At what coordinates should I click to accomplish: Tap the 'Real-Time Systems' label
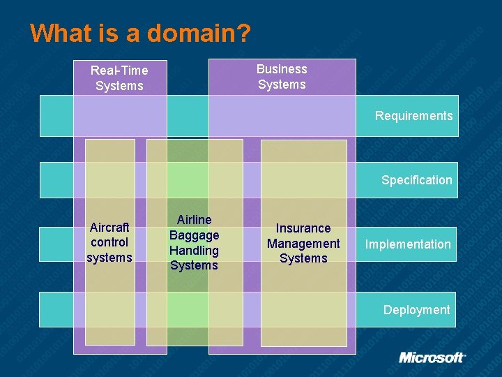pyautogui.click(x=119, y=78)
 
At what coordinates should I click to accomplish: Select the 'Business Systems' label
pyautogui.click(x=282, y=77)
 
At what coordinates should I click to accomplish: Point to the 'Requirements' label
pyautogui.click(x=413, y=116)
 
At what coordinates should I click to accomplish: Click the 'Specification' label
pyautogui.click(x=416, y=180)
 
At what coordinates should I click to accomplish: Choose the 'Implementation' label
pyautogui.click(x=408, y=244)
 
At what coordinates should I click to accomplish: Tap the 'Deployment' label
pyautogui.click(x=416, y=310)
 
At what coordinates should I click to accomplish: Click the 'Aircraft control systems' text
pyautogui.click(x=109, y=242)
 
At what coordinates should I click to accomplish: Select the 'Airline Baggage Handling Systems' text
pyautogui.click(x=194, y=242)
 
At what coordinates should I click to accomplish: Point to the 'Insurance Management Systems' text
pyautogui.click(x=303, y=243)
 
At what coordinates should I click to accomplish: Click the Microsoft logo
pyautogui.click(x=432, y=357)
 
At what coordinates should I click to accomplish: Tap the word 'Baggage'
pyautogui.click(x=194, y=235)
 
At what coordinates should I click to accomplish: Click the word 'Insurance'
pyautogui.click(x=303, y=228)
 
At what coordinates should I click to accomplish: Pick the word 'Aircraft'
pyautogui.click(x=109, y=228)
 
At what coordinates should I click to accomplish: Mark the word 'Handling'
pyautogui.click(x=194, y=250)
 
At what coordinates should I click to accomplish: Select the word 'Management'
pyautogui.click(x=303, y=244)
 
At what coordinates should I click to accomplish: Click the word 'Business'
pyautogui.click(x=282, y=69)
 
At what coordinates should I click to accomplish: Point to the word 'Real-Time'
pyautogui.click(x=119, y=71)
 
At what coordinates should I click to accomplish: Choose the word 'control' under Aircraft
pyautogui.click(x=109, y=242)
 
